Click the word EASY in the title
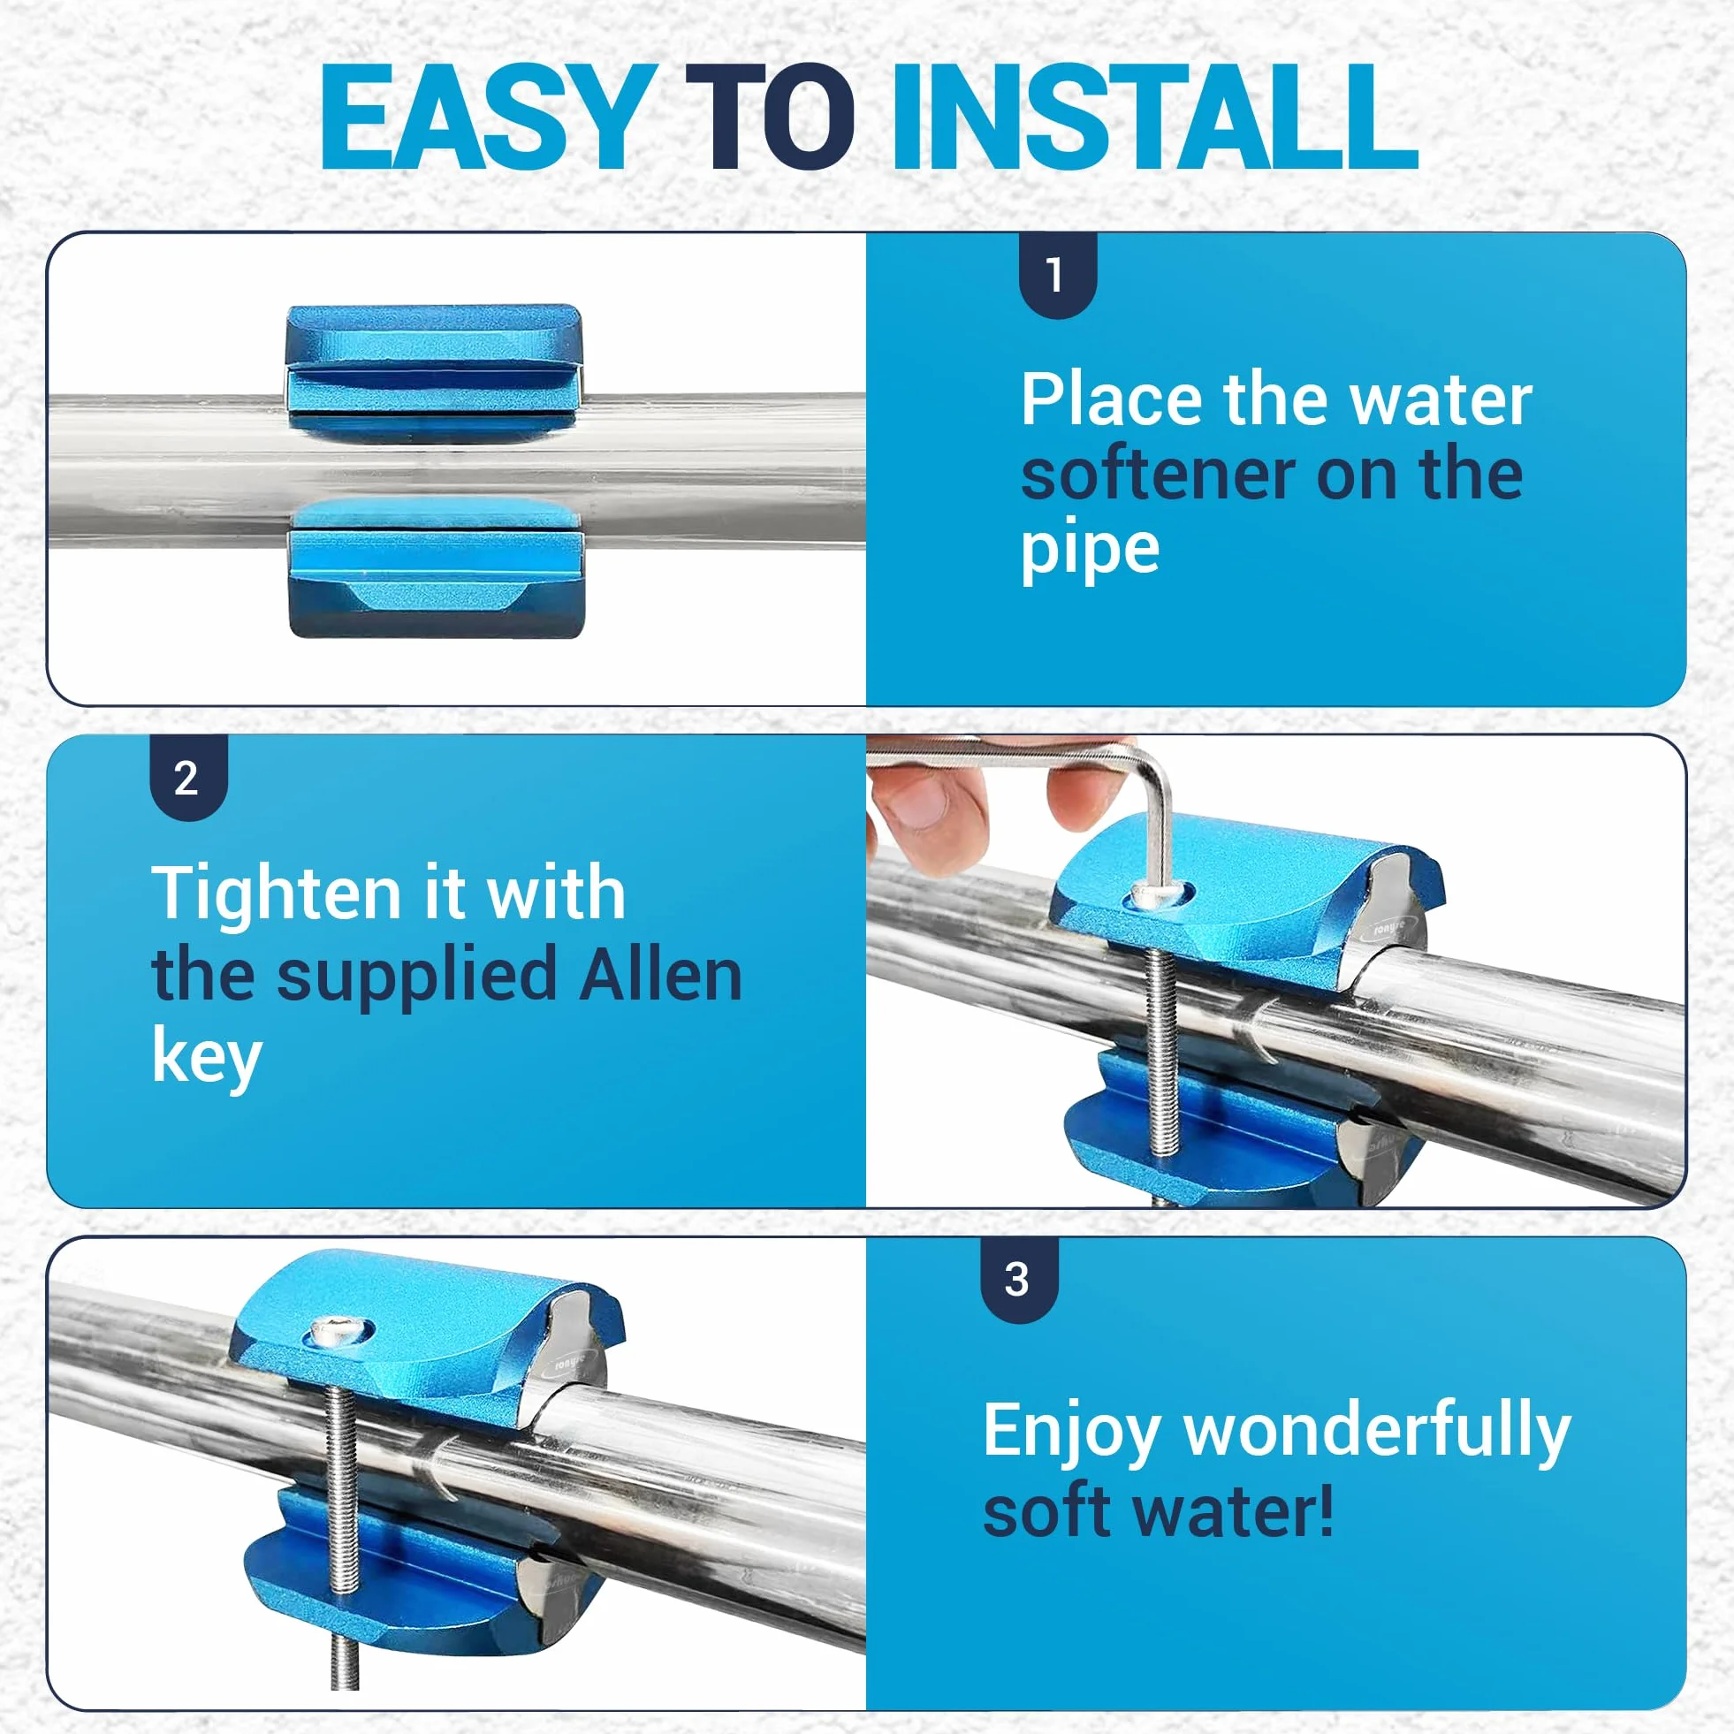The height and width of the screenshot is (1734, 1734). tap(485, 118)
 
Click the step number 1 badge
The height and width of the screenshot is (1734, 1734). tap(1058, 275)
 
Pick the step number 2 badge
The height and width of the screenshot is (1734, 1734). tap(187, 777)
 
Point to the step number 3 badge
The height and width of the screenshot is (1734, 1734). tap(1019, 1280)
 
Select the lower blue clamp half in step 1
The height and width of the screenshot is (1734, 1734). tap(435, 569)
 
